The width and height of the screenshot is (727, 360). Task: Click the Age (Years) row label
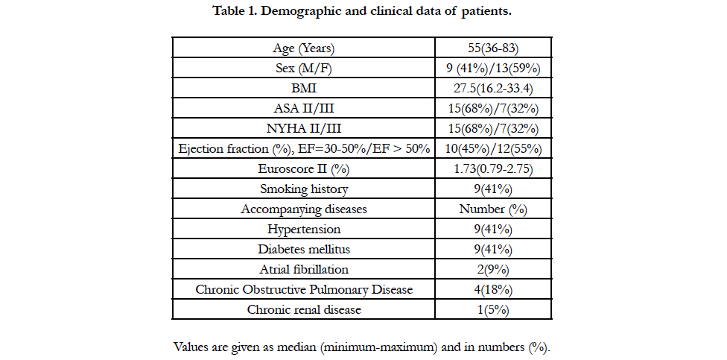pyautogui.click(x=304, y=48)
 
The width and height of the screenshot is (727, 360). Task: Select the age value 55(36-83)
pyautogui.click(x=493, y=48)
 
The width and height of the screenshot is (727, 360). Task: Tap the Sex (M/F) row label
pyautogui.click(x=304, y=69)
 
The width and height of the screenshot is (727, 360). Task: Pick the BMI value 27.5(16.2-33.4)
pyautogui.click(x=493, y=89)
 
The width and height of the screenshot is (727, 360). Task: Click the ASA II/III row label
pyautogui.click(x=304, y=109)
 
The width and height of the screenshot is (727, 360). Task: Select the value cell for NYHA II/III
pyautogui.click(x=493, y=128)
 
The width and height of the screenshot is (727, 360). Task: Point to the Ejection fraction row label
pyautogui.click(x=304, y=149)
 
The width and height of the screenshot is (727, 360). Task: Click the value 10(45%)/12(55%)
pyautogui.click(x=493, y=149)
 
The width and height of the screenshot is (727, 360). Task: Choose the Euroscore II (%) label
pyautogui.click(x=304, y=169)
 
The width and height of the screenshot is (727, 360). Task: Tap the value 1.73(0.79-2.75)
pyautogui.click(x=493, y=169)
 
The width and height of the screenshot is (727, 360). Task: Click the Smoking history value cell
pyautogui.click(x=493, y=189)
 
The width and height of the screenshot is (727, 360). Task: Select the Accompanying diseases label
pyautogui.click(x=304, y=209)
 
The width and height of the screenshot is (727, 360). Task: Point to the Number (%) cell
pyautogui.click(x=493, y=209)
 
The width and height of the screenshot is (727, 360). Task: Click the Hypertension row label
pyautogui.click(x=304, y=229)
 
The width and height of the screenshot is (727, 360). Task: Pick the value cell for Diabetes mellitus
pyautogui.click(x=493, y=249)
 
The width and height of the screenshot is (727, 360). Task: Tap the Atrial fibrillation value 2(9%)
pyautogui.click(x=493, y=269)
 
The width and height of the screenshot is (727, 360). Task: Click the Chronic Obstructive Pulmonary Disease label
pyautogui.click(x=304, y=289)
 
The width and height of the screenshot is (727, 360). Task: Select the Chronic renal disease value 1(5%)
pyautogui.click(x=493, y=309)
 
